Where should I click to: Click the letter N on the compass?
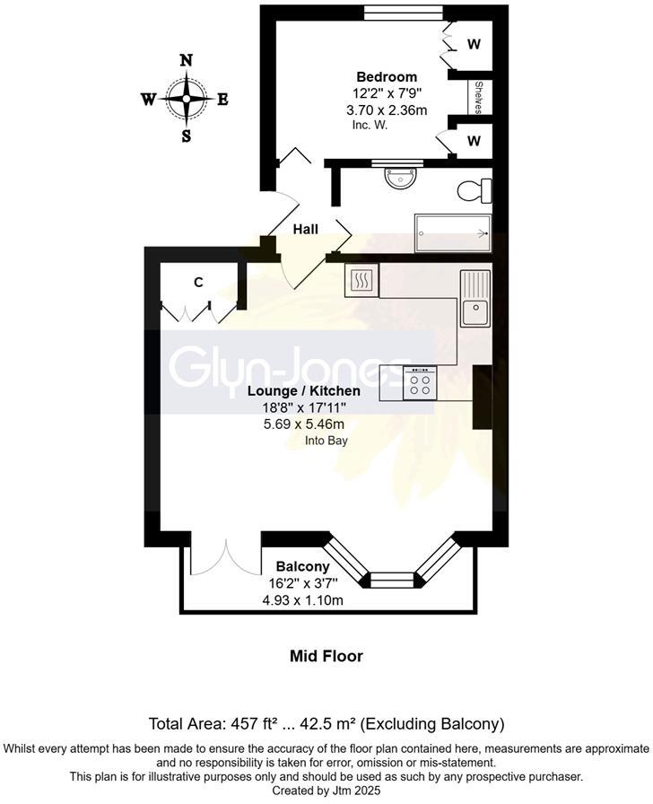[187, 61]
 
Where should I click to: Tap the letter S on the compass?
[187, 136]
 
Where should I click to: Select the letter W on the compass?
[149, 100]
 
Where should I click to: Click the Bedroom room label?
[386, 76]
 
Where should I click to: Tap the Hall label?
[305, 230]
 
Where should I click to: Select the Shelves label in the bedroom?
[478, 98]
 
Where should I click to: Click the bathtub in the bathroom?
[452, 233]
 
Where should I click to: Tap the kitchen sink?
[474, 300]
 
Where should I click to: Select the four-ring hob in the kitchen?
[420, 383]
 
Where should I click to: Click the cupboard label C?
[199, 282]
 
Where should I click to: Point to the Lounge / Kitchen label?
[304, 391]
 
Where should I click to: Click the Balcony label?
[302, 567]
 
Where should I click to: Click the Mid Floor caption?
[326, 656]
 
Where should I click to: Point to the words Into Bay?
[326, 441]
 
